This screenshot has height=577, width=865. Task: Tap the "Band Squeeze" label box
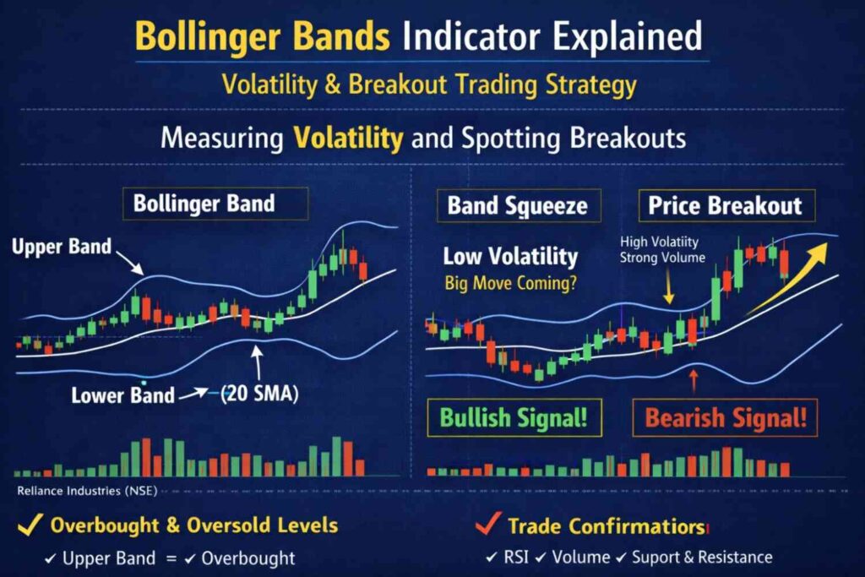click(x=517, y=205)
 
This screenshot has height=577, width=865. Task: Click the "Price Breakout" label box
click(x=725, y=205)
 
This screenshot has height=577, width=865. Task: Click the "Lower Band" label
click(x=122, y=394)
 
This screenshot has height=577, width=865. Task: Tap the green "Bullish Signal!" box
click(x=514, y=417)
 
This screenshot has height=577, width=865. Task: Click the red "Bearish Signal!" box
click(x=726, y=417)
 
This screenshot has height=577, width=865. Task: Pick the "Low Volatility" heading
click(x=510, y=257)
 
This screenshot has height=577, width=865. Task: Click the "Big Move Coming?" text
click(x=511, y=284)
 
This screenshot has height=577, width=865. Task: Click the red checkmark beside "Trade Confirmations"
click(x=484, y=525)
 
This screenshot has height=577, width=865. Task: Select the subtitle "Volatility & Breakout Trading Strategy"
click(x=429, y=85)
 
